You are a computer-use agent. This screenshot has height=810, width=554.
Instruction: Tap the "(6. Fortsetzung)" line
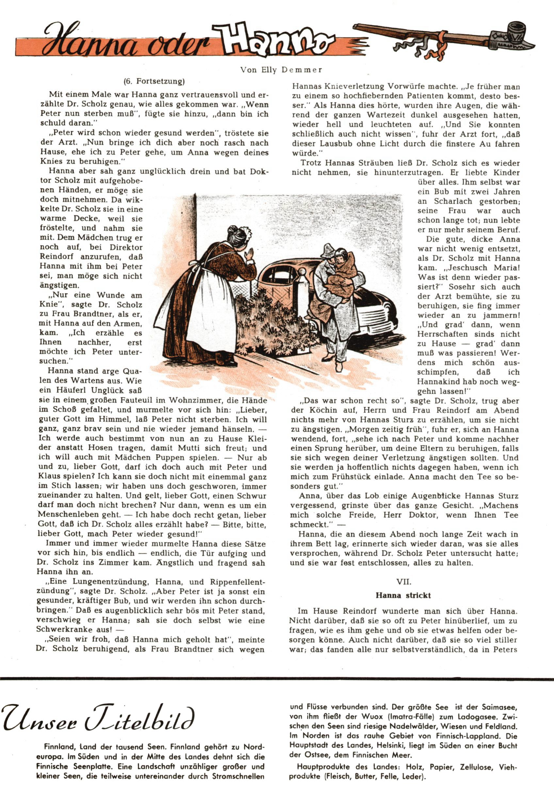(x=154, y=82)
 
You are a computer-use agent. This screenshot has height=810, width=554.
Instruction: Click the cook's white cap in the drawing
(x=245, y=232)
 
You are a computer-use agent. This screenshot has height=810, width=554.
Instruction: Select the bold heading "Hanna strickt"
(x=403, y=595)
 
